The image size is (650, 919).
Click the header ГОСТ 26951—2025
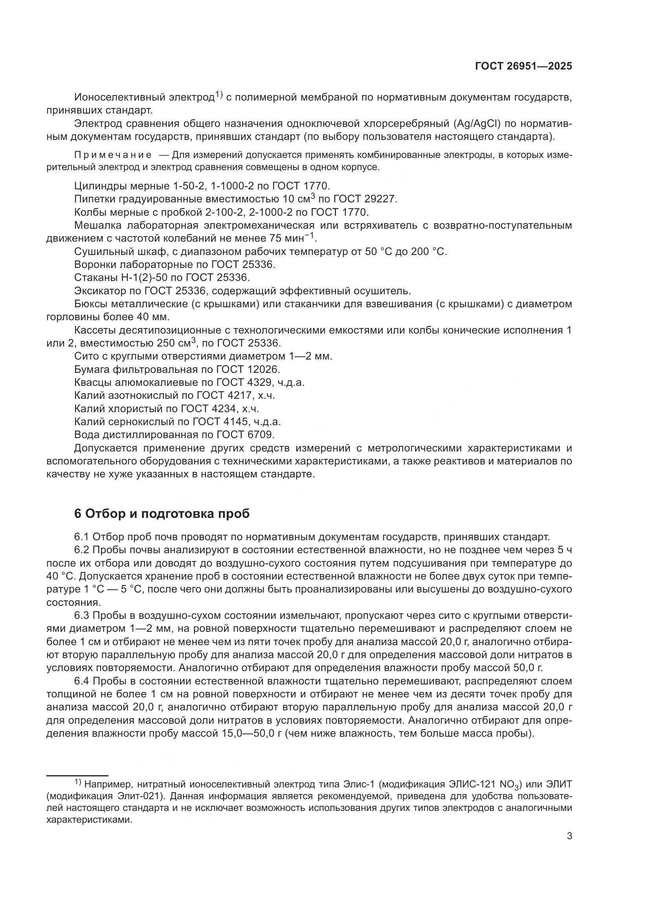523,66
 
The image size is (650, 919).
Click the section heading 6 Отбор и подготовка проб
162,514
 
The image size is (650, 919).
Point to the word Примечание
112,155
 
